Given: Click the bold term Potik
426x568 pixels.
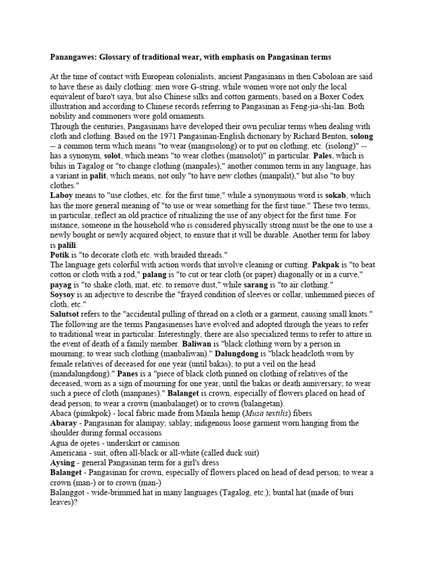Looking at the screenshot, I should (x=59, y=255).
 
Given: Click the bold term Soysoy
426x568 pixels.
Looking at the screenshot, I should (x=63, y=295).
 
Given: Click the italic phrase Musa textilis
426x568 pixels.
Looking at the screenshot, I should (x=268, y=413).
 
